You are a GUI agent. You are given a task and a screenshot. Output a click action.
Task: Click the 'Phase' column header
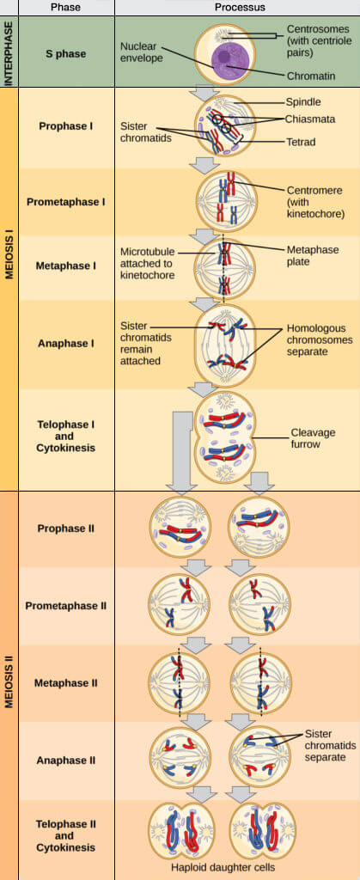(x=65, y=7)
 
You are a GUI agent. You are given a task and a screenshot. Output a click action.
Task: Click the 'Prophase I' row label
(x=65, y=126)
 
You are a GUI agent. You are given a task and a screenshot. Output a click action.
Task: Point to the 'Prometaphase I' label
(x=65, y=202)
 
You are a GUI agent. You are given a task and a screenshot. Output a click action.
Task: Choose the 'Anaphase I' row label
(x=65, y=343)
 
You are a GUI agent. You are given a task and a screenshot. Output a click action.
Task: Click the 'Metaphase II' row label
(x=65, y=683)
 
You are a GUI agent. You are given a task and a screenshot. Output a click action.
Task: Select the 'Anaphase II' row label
(x=65, y=760)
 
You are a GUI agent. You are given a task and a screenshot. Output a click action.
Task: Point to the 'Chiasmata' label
(x=310, y=119)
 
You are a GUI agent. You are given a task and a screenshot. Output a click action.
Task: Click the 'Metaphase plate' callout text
(x=310, y=255)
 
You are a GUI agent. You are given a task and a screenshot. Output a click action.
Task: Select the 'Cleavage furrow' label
(x=313, y=438)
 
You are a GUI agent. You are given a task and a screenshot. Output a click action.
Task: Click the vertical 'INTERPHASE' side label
(x=9, y=52)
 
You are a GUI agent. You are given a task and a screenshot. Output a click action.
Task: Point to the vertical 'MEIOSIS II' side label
(x=9, y=683)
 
